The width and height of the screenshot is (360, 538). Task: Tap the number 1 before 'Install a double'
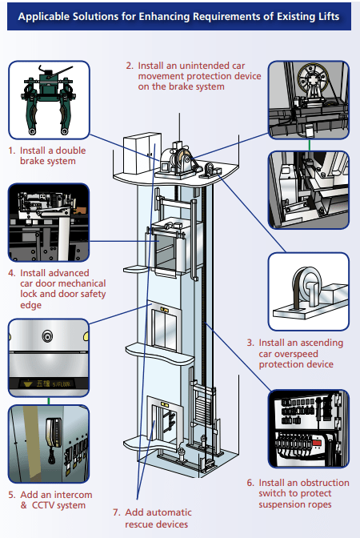pos(11,151)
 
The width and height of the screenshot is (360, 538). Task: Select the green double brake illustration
pos(49,100)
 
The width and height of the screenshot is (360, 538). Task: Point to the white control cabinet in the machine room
pos(142,153)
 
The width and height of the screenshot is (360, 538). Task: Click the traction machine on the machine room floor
pos(178,160)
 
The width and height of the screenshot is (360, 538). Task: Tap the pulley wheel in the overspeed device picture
pos(306,287)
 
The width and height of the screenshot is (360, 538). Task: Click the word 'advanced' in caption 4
pos(71,273)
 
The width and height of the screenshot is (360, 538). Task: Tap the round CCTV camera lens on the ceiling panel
pos(47,336)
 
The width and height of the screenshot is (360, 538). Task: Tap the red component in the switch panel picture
pos(317,443)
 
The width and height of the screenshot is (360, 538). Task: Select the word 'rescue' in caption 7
pos(141,524)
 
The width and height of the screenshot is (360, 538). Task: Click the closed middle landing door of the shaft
pos(166,328)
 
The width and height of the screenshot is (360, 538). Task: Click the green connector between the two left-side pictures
pos(49,401)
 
